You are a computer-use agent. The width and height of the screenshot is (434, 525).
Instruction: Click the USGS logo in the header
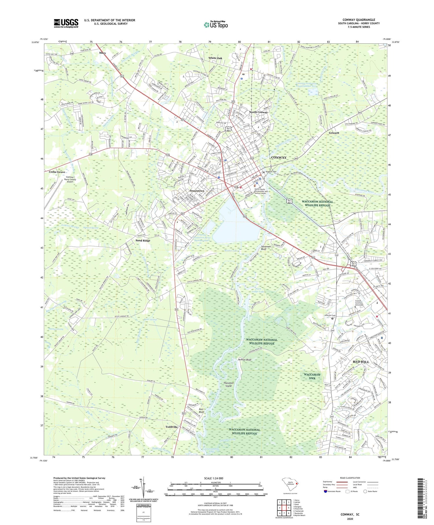66,23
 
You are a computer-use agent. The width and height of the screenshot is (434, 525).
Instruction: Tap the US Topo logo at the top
216,25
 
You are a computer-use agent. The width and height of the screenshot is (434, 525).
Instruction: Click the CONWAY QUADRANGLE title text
358,20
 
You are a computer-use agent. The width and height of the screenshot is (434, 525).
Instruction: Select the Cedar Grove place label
57,172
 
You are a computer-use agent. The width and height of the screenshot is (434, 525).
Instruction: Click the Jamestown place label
197,191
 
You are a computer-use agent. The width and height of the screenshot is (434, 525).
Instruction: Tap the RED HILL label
361,362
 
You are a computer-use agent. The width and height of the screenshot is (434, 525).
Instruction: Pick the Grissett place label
334,133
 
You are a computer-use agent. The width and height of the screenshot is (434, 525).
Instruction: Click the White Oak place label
215,58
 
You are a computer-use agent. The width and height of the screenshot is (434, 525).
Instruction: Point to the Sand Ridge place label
143,241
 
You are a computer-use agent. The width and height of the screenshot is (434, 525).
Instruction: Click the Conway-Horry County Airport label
70,180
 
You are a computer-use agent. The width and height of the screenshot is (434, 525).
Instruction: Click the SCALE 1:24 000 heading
215,478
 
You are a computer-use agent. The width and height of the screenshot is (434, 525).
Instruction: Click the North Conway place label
258,112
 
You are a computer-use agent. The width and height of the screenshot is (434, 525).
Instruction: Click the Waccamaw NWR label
312,376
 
